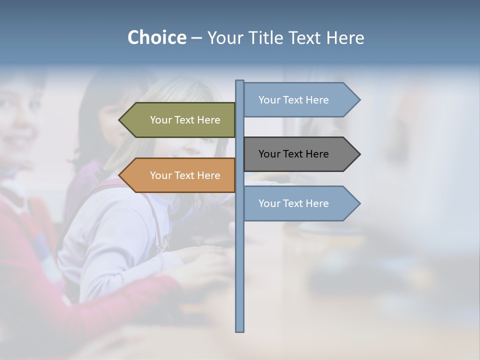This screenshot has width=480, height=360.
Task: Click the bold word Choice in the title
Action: click(156, 37)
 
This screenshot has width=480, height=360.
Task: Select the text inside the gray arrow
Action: click(293, 154)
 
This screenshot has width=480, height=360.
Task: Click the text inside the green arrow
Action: click(185, 120)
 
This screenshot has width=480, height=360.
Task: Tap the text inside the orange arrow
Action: click(185, 175)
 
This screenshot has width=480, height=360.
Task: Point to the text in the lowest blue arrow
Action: click(293, 203)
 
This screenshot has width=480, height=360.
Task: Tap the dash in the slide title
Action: click(196, 38)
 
